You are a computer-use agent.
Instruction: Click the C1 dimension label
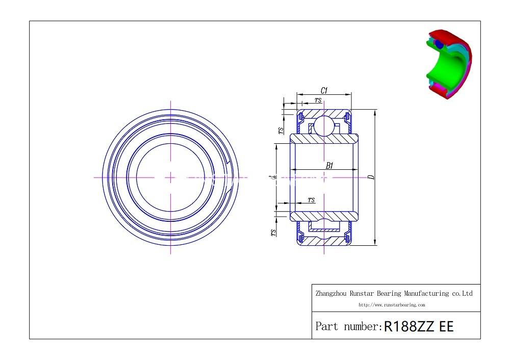pyautogui.click(x=324, y=91)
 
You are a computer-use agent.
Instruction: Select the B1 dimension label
pyautogui.click(x=329, y=166)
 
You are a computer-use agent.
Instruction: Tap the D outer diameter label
pyautogui.click(x=371, y=177)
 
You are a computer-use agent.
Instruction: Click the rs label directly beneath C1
pyautogui.click(x=318, y=100)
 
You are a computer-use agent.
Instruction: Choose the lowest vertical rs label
pyautogui.click(x=274, y=233)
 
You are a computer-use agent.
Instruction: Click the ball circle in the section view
pyautogui.click(x=324, y=125)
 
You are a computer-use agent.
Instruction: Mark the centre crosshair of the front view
pyautogui.click(x=170, y=177)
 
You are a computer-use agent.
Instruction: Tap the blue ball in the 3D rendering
pyautogui.click(x=439, y=44)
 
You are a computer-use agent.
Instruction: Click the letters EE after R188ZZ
pyautogui.click(x=446, y=326)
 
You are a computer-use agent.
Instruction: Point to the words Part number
pyautogui.click(x=348, y=326)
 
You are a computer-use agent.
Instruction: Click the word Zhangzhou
pyautogui.click(x=332, y=294)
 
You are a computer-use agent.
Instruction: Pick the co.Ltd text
pyautogui.click(x=462, y=294)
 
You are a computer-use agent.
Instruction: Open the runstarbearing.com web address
pyautogui.click(x=392, y=305)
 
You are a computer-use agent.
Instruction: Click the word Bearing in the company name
pyautogui.click(x=389, y=294)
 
